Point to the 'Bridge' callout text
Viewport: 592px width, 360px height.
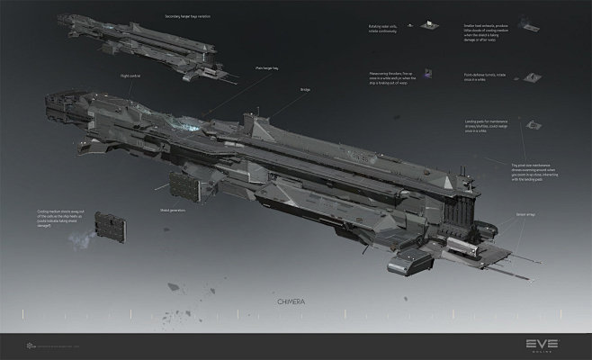click(304, 89)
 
